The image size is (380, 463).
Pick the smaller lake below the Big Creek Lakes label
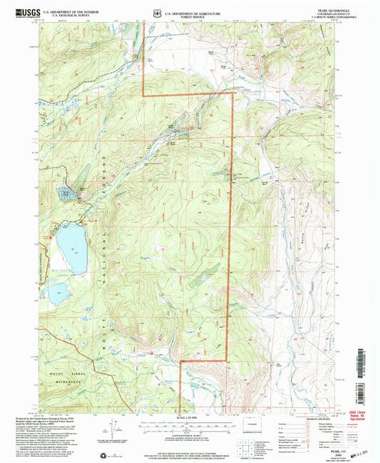pyautogui.click(x=56, y=292)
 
